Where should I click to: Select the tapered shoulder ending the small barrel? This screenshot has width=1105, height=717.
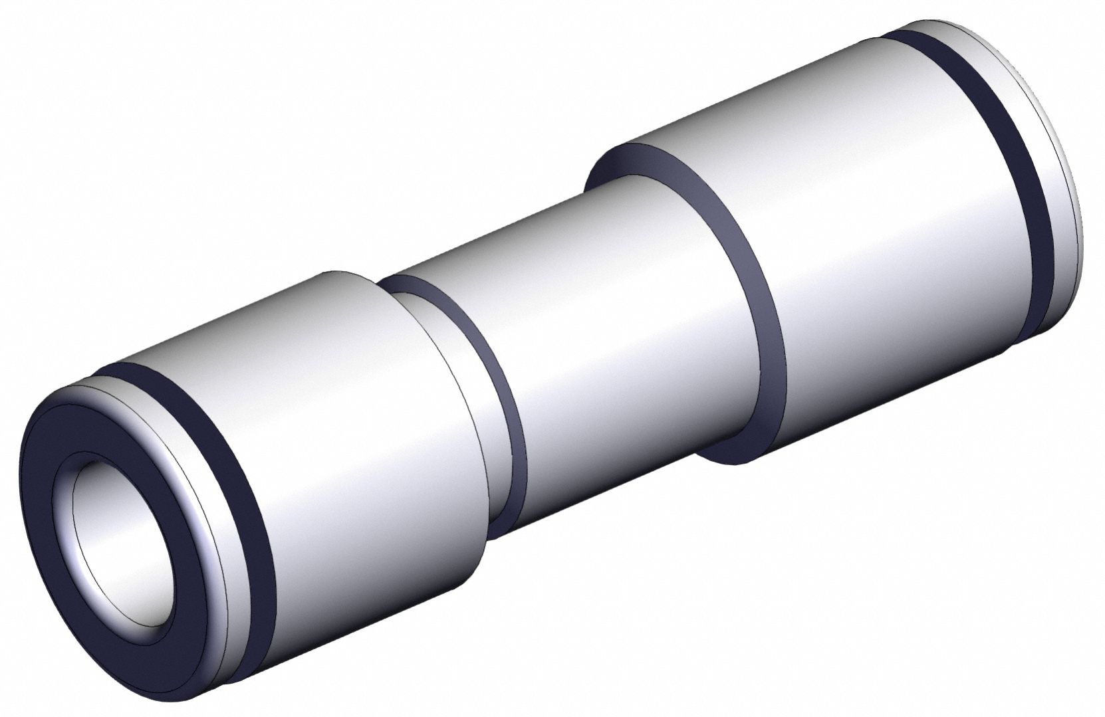459,399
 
